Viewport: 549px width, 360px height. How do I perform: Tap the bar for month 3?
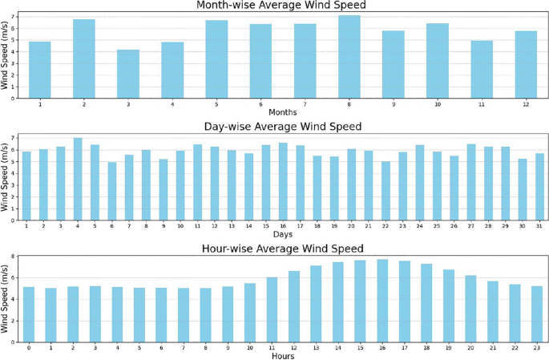(x=128, y=72)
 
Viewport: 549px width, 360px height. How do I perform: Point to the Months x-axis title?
(x=282, y=111)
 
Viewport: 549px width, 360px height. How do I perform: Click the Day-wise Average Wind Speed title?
(x=283, y=127)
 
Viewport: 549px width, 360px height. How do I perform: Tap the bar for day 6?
(x=112, y=192)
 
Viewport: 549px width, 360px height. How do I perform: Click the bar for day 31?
(x=539, y=187)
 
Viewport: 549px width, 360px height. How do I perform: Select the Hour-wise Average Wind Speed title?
(x=283, y=248)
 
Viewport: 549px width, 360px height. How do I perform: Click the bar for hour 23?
(x=536, y=314)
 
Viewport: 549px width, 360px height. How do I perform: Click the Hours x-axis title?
(x=282, y=355)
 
